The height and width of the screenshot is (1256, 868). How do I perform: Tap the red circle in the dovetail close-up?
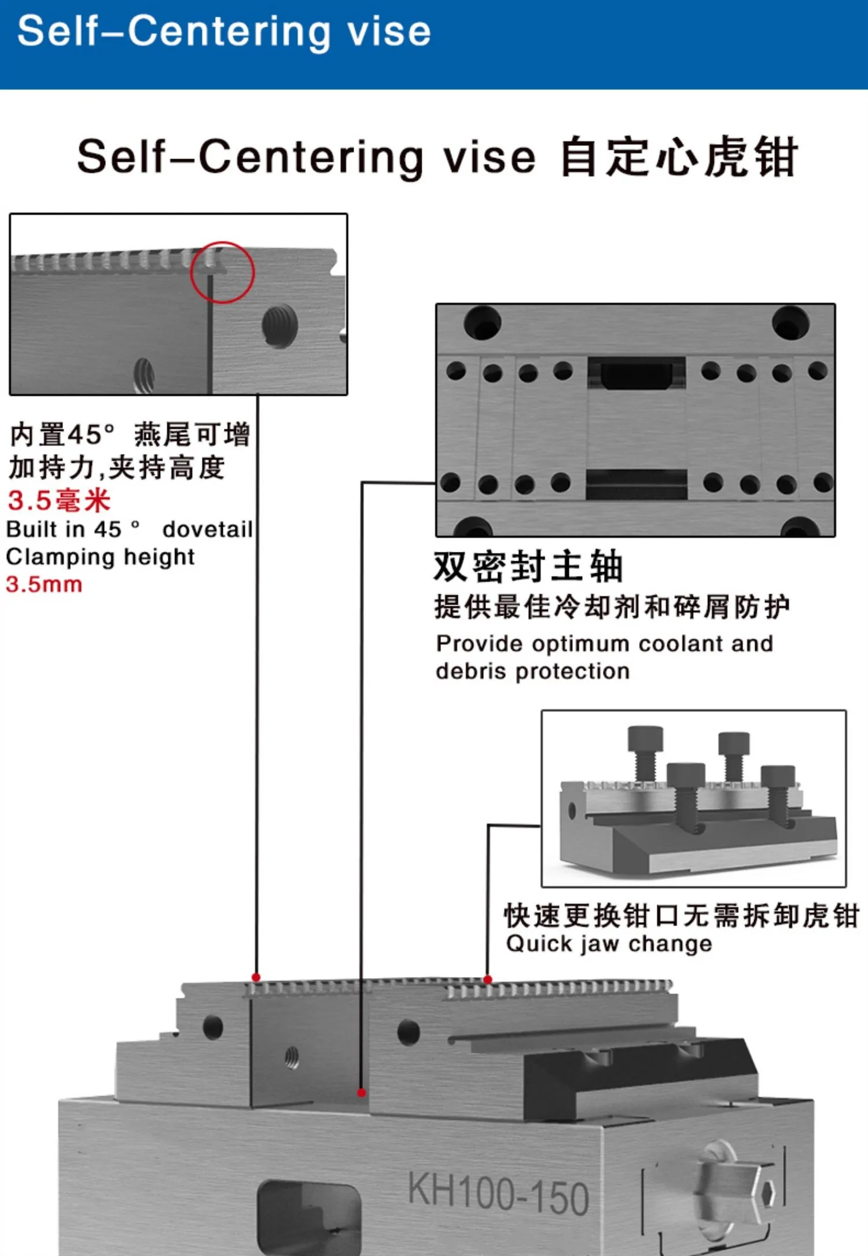[x=191, y=272]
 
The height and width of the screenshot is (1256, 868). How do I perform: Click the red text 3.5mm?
[x=44, y=584]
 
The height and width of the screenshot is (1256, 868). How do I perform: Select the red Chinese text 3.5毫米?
[x=59, y=500]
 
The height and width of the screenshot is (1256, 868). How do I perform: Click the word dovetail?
[x=208, y=529]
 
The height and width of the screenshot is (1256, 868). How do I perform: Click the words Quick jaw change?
[x=609, y=944]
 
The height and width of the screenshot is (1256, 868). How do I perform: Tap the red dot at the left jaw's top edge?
[x=256, y=977]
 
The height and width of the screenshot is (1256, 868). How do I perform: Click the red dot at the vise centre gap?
[x=362, y=1093]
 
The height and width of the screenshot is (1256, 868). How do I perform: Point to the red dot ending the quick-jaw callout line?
[x=488, y=979]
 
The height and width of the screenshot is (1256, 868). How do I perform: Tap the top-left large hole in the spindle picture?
[x=482, y=322]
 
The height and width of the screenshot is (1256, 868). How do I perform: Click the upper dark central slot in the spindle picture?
[x=637, y=373]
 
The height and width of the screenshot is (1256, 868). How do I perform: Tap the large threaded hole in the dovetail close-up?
[x=279, y=326]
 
